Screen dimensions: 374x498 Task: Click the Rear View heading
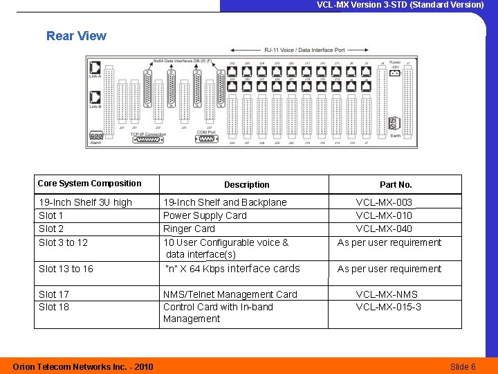tap(76, 36)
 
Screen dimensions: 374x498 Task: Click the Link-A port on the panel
tap(95, 69)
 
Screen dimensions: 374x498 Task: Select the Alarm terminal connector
tap(96, 136)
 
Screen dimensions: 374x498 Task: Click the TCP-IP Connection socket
tap(149, 139)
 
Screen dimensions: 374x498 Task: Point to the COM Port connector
tap(205, 139)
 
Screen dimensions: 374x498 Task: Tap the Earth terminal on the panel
tap(394, 124)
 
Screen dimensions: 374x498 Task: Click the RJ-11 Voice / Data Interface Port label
tap(304, 50)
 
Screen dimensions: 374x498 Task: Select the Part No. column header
tap(396, 185)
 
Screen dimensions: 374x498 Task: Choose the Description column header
tap(247, 185)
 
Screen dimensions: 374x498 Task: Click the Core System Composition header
tap(90, 184)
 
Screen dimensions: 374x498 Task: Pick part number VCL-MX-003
tap(384, 202)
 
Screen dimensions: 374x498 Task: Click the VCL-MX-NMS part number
tap(387, 294)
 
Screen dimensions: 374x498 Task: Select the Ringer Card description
tap(189, 229)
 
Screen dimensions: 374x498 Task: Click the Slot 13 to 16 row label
tap(66, 269)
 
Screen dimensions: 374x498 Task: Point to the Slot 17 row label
tap(54, 294)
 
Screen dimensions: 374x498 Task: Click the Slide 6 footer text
tap(463, 366)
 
